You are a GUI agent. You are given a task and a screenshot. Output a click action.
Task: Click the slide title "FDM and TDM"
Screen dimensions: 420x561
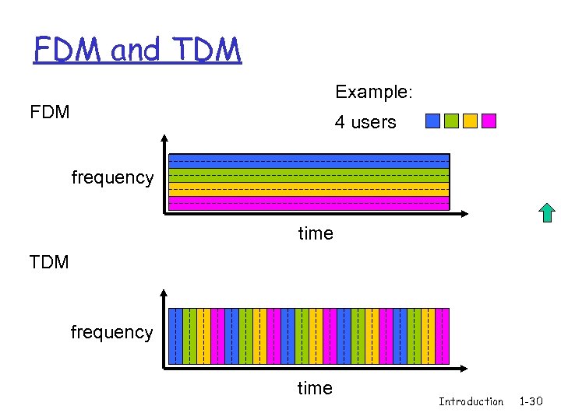pyautogui.click(x=137, y=50)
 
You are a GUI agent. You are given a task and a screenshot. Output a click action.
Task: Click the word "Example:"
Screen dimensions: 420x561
pyautogui.click(x=373, y=92)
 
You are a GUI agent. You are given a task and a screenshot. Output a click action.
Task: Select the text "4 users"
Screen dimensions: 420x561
pyautogui.click(x=365, y=122)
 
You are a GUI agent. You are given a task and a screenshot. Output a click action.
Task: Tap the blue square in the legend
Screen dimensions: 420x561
pyautogui.click(x=432, y=121)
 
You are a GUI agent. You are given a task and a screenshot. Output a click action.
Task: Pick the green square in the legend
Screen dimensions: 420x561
pyautogui.click(x=451, y=121)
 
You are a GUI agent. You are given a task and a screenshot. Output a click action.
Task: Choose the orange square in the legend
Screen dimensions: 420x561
pyautogui.click(x=470, y=121)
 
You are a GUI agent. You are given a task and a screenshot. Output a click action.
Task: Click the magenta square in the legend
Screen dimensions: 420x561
pyautogui.click(x=489, y=121)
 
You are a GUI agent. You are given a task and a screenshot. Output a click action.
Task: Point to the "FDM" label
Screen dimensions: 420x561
pyautogui.click(x=50, y=112)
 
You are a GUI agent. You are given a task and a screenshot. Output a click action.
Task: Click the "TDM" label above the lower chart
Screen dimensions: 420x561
pyautogui.click(x=49, y=262)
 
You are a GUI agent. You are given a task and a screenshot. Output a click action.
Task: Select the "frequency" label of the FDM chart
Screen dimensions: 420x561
pyautogui.click(x=112, y=177)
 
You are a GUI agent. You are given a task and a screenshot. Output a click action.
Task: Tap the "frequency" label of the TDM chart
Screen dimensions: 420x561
pyautogui.click(x=111, y=332)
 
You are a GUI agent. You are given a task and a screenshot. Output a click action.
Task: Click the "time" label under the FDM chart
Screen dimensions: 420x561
pyautogui.click(x=316, y=233)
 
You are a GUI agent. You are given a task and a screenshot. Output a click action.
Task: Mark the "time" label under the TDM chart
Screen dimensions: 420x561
pyautogui.click(x=315, y=388)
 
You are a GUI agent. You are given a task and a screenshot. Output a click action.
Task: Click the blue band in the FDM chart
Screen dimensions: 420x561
pyautogui.click(x=309, y=161)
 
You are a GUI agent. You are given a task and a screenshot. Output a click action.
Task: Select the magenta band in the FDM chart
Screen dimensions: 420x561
pyautogui.click(x=309, y=203)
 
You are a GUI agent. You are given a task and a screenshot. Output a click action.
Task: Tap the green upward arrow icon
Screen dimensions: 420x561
pyautogui.click(x=547, y=212)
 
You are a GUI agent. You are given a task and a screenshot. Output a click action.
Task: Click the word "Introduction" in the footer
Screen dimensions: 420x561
pyautogui.click(x=471, y=401)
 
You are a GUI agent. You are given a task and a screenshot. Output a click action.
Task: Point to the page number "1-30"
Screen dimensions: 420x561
pyautogui.click(x=531, y=401)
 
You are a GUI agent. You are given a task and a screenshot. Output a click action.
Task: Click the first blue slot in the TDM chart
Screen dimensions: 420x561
pyautogui.click(x=176, y=336)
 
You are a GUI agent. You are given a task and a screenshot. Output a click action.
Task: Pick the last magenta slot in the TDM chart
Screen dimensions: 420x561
pyautogui.click(x=443, y=336)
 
